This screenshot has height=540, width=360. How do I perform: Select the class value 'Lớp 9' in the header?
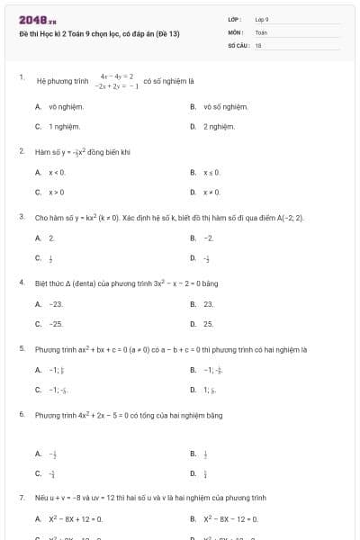(262, 19)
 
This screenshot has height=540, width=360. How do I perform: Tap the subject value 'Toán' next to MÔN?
(261, 31)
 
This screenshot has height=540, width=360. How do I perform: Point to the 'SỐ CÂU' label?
(238, 44)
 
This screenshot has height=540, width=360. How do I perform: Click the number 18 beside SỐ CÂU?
(258, 44)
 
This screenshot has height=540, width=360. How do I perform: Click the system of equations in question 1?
(118, 82)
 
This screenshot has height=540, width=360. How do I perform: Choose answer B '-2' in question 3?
(209, 238)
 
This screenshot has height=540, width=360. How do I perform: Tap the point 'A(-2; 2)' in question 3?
(286, 218)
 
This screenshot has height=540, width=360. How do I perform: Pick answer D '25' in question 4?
(208, 323)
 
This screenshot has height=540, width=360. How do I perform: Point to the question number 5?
(22, 347)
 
